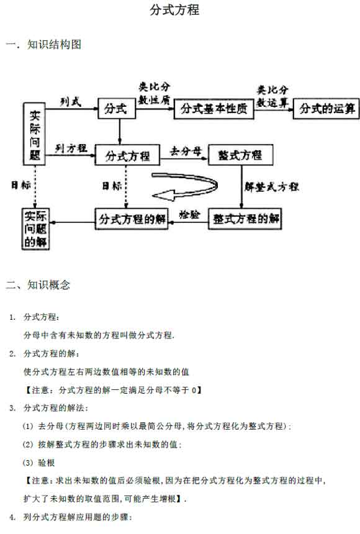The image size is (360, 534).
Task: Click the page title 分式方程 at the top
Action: pos(174,9)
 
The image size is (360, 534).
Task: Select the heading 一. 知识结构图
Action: pos(43,44)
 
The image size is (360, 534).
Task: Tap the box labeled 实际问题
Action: pos(34,134)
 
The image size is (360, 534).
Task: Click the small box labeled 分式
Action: pos(117,109)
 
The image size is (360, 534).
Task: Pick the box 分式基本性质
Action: pos(214,109)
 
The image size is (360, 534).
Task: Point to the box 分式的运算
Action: pos(326,109)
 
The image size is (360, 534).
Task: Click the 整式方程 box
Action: pos(240,155)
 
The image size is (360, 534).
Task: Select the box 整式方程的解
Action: pos(245,219)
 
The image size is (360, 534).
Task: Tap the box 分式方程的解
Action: pos(132,219)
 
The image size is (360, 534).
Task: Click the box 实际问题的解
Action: pos(35,229)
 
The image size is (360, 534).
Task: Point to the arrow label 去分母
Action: pos(186,151)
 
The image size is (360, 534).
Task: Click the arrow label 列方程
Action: pos(71,148)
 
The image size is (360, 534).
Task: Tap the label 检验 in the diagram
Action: pos(189,215)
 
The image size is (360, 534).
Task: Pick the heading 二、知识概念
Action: pos(38,284)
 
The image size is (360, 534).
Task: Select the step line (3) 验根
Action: pos(38,463)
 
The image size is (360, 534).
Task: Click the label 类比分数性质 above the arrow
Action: pos(155,93)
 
